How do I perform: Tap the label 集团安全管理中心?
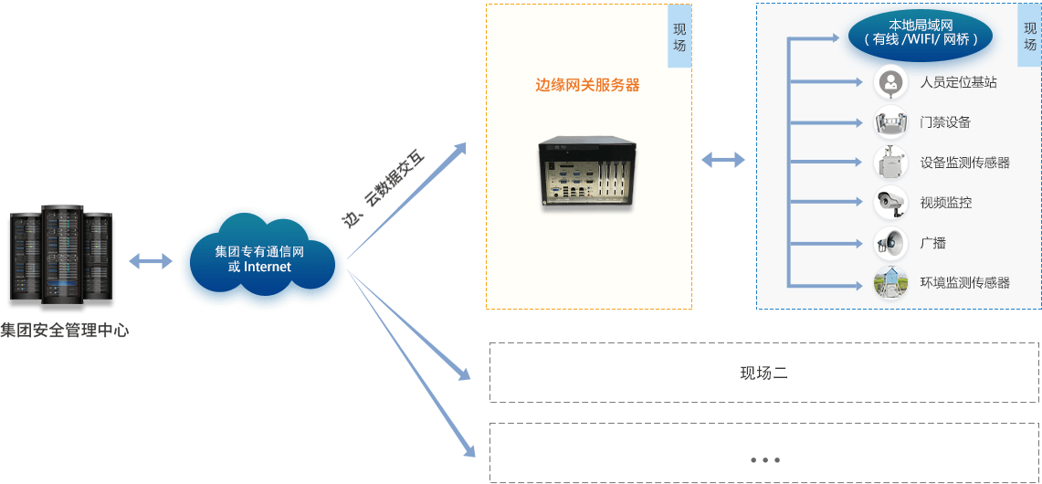point(65,331)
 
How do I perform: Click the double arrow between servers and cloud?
point(151,261)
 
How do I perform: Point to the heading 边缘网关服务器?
point(587,85)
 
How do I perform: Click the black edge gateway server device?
point(586,173)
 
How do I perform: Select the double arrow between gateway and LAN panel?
point(723,160)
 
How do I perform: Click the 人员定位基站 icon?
point(890,82)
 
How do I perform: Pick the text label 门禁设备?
point(945,122)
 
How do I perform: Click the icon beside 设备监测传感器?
point(890,163)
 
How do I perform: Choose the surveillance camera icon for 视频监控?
point(890,202)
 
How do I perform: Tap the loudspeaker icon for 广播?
point(890,242)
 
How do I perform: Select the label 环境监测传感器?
point(965,283)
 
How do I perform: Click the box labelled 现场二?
point(763,373)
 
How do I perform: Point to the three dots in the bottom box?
point(763,460)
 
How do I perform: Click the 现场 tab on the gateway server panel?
point(679,37)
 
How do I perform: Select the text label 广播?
point(932,243)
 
